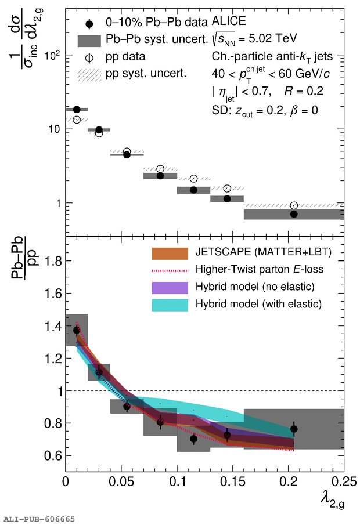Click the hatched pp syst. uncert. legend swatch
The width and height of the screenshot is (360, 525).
[93, 74]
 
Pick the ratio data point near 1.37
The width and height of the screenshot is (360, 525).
[77, 330]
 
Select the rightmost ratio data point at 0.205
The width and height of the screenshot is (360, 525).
[294, 429]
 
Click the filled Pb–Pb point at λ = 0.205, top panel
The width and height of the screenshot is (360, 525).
[294, 214]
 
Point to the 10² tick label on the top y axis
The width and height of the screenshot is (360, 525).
[52, 56]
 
